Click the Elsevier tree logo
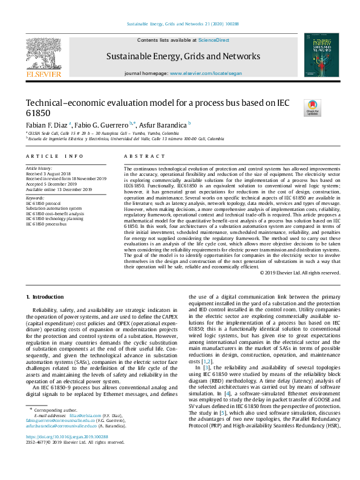(x=44, y=56)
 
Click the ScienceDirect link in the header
(x=214, y=39)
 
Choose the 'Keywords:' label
(x=35, y=198)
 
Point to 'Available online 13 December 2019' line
(x=59, y=189)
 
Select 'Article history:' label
(x=39, y=167)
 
